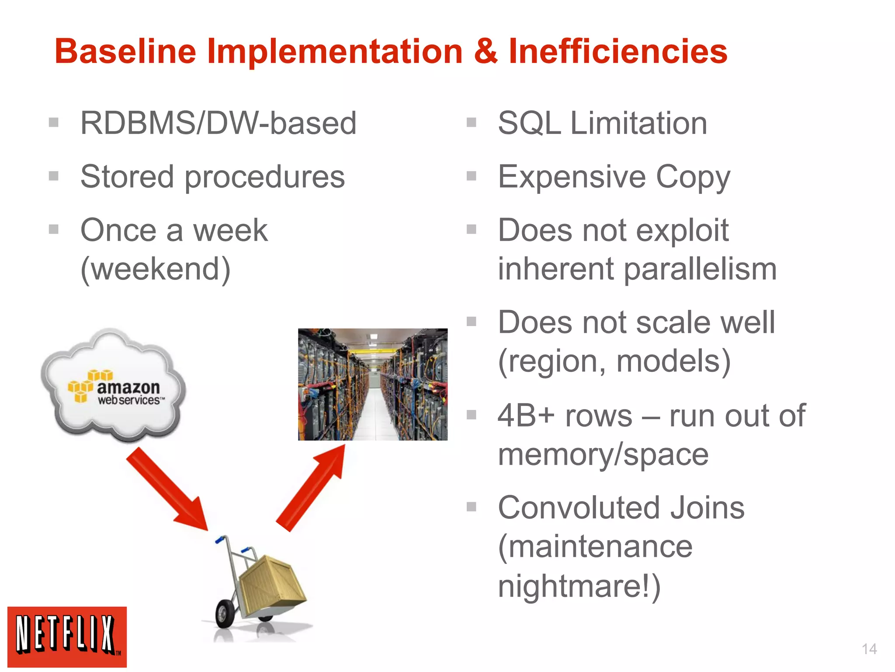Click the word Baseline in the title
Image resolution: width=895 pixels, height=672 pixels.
125,52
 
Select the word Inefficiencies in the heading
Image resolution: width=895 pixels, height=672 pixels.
618,52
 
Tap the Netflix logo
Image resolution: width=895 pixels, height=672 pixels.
67,637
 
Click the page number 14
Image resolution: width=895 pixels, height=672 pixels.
869,649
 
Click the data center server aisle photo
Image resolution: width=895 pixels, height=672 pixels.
372,384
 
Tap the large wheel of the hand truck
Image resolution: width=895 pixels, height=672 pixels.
225,614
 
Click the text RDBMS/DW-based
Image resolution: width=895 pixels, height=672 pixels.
219,123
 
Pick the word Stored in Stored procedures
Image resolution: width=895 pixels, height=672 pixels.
127,177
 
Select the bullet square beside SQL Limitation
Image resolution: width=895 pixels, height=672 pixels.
471,122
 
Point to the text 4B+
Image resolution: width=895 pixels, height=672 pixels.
526,416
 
